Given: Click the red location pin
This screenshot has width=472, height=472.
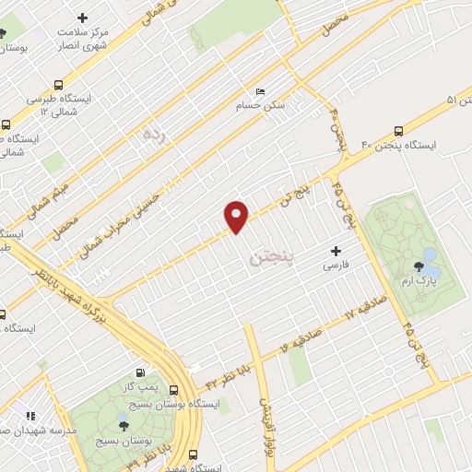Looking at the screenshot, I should (237, 216).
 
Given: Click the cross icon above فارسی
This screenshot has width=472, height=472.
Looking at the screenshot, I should (336, 250).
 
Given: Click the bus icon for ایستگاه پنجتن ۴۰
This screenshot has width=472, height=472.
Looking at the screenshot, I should (398, 130).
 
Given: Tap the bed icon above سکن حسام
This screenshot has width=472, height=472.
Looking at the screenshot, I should (260, 91).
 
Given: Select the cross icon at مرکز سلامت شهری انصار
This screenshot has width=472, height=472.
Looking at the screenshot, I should (83, 18).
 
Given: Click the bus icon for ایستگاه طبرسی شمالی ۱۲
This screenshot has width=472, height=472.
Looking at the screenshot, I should (59, 82).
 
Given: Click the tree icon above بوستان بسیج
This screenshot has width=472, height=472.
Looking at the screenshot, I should (124, 425).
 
